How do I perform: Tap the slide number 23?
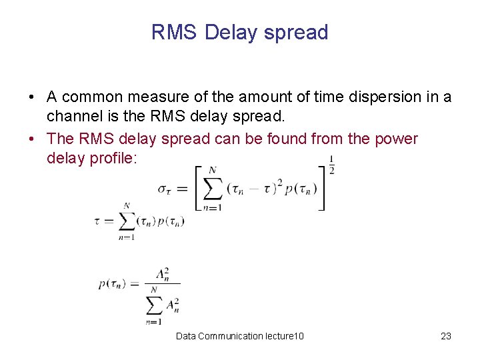[x=446, y=336]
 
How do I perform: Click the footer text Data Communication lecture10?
[x=240, y=336]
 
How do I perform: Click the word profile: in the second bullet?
[x=111, y=158]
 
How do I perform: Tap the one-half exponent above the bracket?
[x=331, y=164]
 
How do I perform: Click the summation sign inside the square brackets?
[x=213, y=189]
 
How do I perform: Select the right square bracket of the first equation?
[x=323, y=189]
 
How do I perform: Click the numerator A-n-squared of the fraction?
[x=162, y=275]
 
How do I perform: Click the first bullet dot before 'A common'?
[x=32, y=98]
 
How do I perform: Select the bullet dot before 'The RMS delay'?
[x=32, y=139]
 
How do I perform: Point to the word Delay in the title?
[x=233, y=33]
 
